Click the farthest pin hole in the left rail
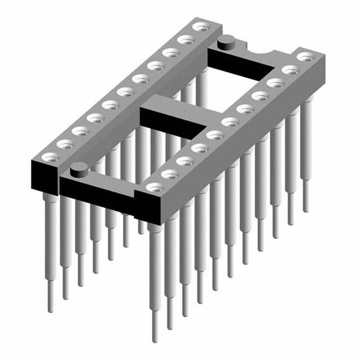coord(199,26)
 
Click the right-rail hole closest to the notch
coord(304,57)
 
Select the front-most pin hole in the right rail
coord(151,187)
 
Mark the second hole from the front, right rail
coord(167,174)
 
